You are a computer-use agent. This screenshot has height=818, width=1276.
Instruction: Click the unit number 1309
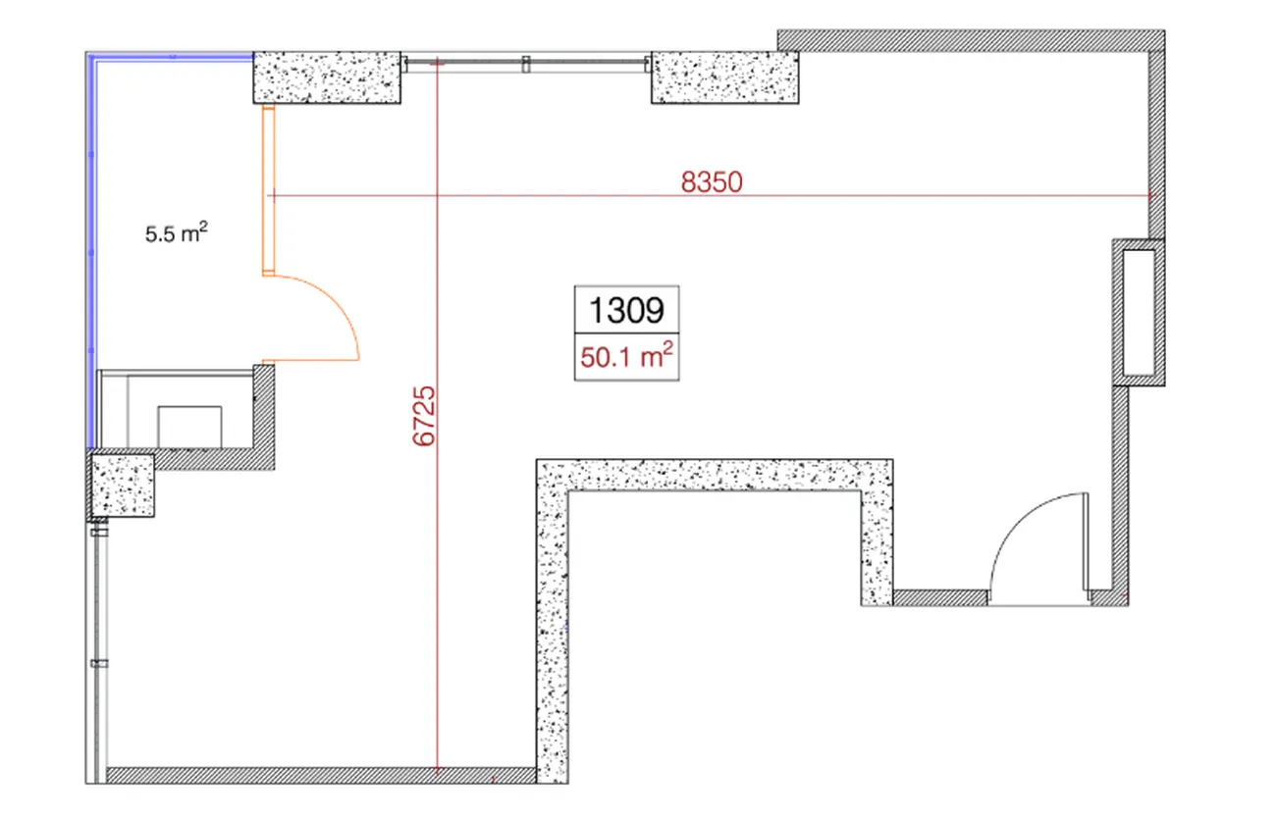[x=626, y=310]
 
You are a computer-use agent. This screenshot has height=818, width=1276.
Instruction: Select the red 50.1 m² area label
[x=626, y=357]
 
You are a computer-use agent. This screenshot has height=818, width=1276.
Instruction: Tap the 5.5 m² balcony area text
[x=176, y=232]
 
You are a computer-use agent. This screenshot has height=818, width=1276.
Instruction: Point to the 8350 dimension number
[x=712, y=182]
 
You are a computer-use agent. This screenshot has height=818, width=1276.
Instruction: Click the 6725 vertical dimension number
[x=423, y=416]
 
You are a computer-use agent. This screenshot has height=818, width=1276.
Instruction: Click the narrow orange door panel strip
[x=268, y=190]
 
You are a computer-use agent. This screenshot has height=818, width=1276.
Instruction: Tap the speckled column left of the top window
[x=327, y=78]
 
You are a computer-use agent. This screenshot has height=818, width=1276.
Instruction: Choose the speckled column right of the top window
[x=724, y=78]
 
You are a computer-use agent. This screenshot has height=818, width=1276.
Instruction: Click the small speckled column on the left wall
[x=123, y=486]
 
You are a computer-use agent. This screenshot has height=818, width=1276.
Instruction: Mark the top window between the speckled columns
[x=526, y=63]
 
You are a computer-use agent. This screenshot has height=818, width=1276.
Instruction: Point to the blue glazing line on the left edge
[x=92, y=250]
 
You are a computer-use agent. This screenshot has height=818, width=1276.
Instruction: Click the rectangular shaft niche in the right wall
[x=1139, y=313]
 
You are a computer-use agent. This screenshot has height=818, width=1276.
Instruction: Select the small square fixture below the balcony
[x=189, y=427]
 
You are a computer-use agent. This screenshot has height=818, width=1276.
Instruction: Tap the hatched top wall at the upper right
[x=971, y=41]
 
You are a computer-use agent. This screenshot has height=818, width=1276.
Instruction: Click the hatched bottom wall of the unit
[x=321, y=775]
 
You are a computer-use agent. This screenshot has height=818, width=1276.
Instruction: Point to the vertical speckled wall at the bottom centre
[x=552, y=622]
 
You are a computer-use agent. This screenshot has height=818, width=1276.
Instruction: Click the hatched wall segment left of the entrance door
[x=940, y=597]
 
